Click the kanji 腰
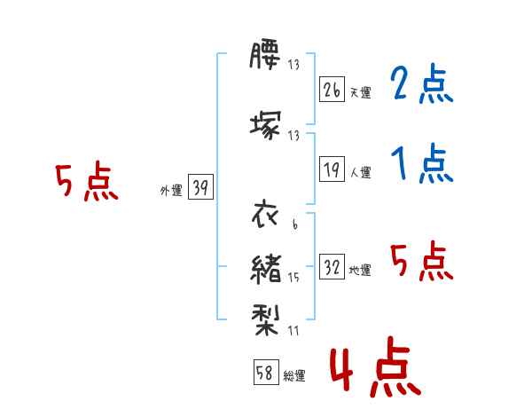coord(265,55)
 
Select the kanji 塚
coord(266,125)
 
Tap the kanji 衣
coord(265,214)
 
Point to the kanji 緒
coord(266,269)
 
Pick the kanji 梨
coord(266,319)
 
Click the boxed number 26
coord(332,90)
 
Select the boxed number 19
coord(332,169)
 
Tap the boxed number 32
coord(332,266)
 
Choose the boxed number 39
coord(200,187)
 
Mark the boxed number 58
coord(266,372)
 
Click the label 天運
coord(361,92)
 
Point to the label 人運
coord(361,172)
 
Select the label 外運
coord(171,191)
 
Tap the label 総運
coord(294,375)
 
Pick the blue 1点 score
coord(422,163)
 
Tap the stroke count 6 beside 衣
coord(295,224)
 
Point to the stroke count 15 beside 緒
coord(293,278)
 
